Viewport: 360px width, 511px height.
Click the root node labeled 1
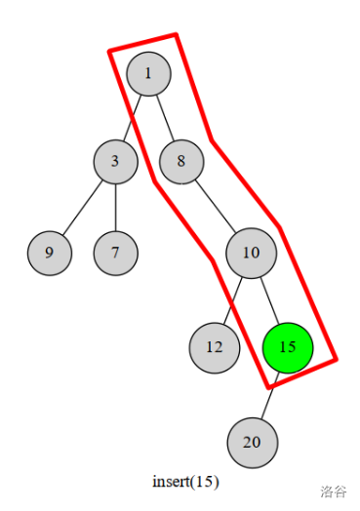147,73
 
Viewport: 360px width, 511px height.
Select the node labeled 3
115,162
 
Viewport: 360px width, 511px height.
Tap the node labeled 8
180,162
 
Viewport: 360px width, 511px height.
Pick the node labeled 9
49,254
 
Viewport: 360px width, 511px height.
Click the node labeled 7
115,254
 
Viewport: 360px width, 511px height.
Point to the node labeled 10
252,254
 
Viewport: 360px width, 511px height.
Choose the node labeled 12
214,346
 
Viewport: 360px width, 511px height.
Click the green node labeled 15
288,346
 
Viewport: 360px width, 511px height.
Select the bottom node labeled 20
252,442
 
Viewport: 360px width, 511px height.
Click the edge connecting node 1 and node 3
132,117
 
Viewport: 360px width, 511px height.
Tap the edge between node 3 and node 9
82,208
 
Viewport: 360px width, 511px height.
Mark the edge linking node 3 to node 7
115,208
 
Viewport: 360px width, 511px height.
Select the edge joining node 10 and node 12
233,299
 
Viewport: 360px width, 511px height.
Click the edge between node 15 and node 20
269,395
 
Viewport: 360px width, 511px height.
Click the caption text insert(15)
185,482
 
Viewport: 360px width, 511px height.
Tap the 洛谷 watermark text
333,491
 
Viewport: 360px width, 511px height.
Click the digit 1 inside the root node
147,73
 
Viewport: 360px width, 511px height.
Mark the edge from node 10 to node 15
269,299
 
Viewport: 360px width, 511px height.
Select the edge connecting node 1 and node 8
164,117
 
